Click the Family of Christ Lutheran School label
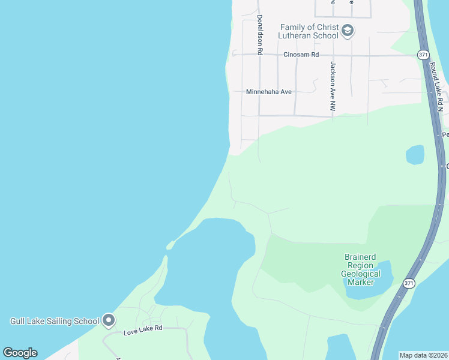coord(309,31)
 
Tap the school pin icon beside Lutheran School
coord(347,31)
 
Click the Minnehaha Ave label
coord(268,92)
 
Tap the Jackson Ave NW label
coord(331,86)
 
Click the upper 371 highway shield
coord(424,55)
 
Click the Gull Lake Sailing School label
coord(55,321)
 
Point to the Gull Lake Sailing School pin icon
coord(109,320)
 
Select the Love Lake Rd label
coord(143,329)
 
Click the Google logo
coord(20,353)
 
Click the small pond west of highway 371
coord(415,155)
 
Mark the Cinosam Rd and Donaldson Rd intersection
coord(259,55)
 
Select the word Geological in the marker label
coord(361,274)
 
